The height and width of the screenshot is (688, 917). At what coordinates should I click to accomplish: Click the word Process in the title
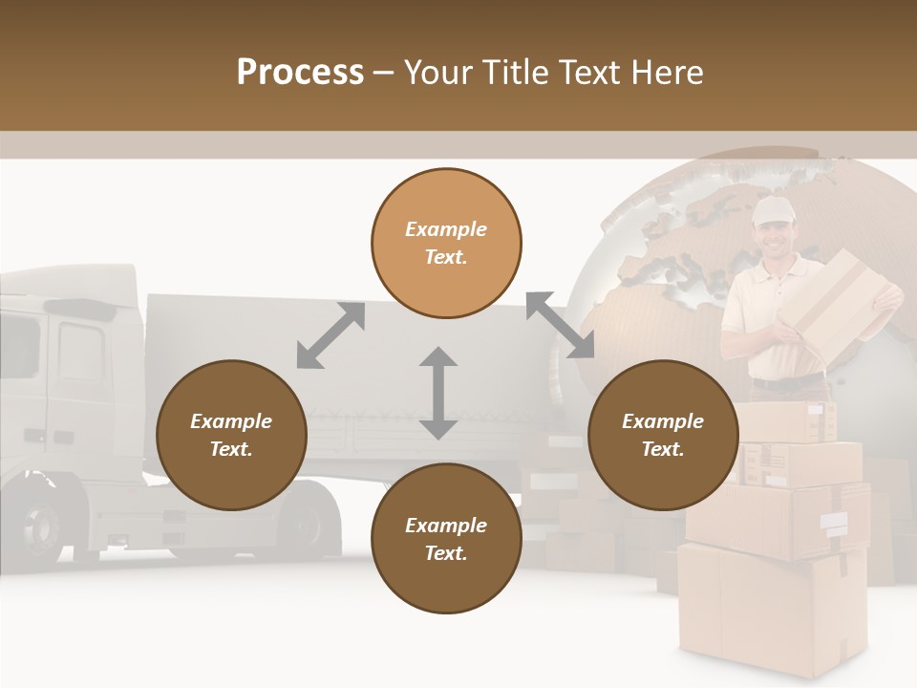[300, 72]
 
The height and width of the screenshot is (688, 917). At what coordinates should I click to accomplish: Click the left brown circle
[231, 435]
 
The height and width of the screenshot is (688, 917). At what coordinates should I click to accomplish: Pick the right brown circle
[663, 435]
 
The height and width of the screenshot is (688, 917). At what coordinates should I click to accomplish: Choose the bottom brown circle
[446, 539]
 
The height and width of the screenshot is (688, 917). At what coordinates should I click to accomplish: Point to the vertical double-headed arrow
[438, 393]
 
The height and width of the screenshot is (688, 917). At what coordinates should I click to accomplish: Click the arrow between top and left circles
[331, 335]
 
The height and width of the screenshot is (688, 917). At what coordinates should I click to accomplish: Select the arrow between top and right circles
[560, 326]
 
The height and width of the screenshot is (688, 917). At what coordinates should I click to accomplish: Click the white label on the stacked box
[833, 522]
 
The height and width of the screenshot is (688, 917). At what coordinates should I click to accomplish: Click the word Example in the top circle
[446, 229]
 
